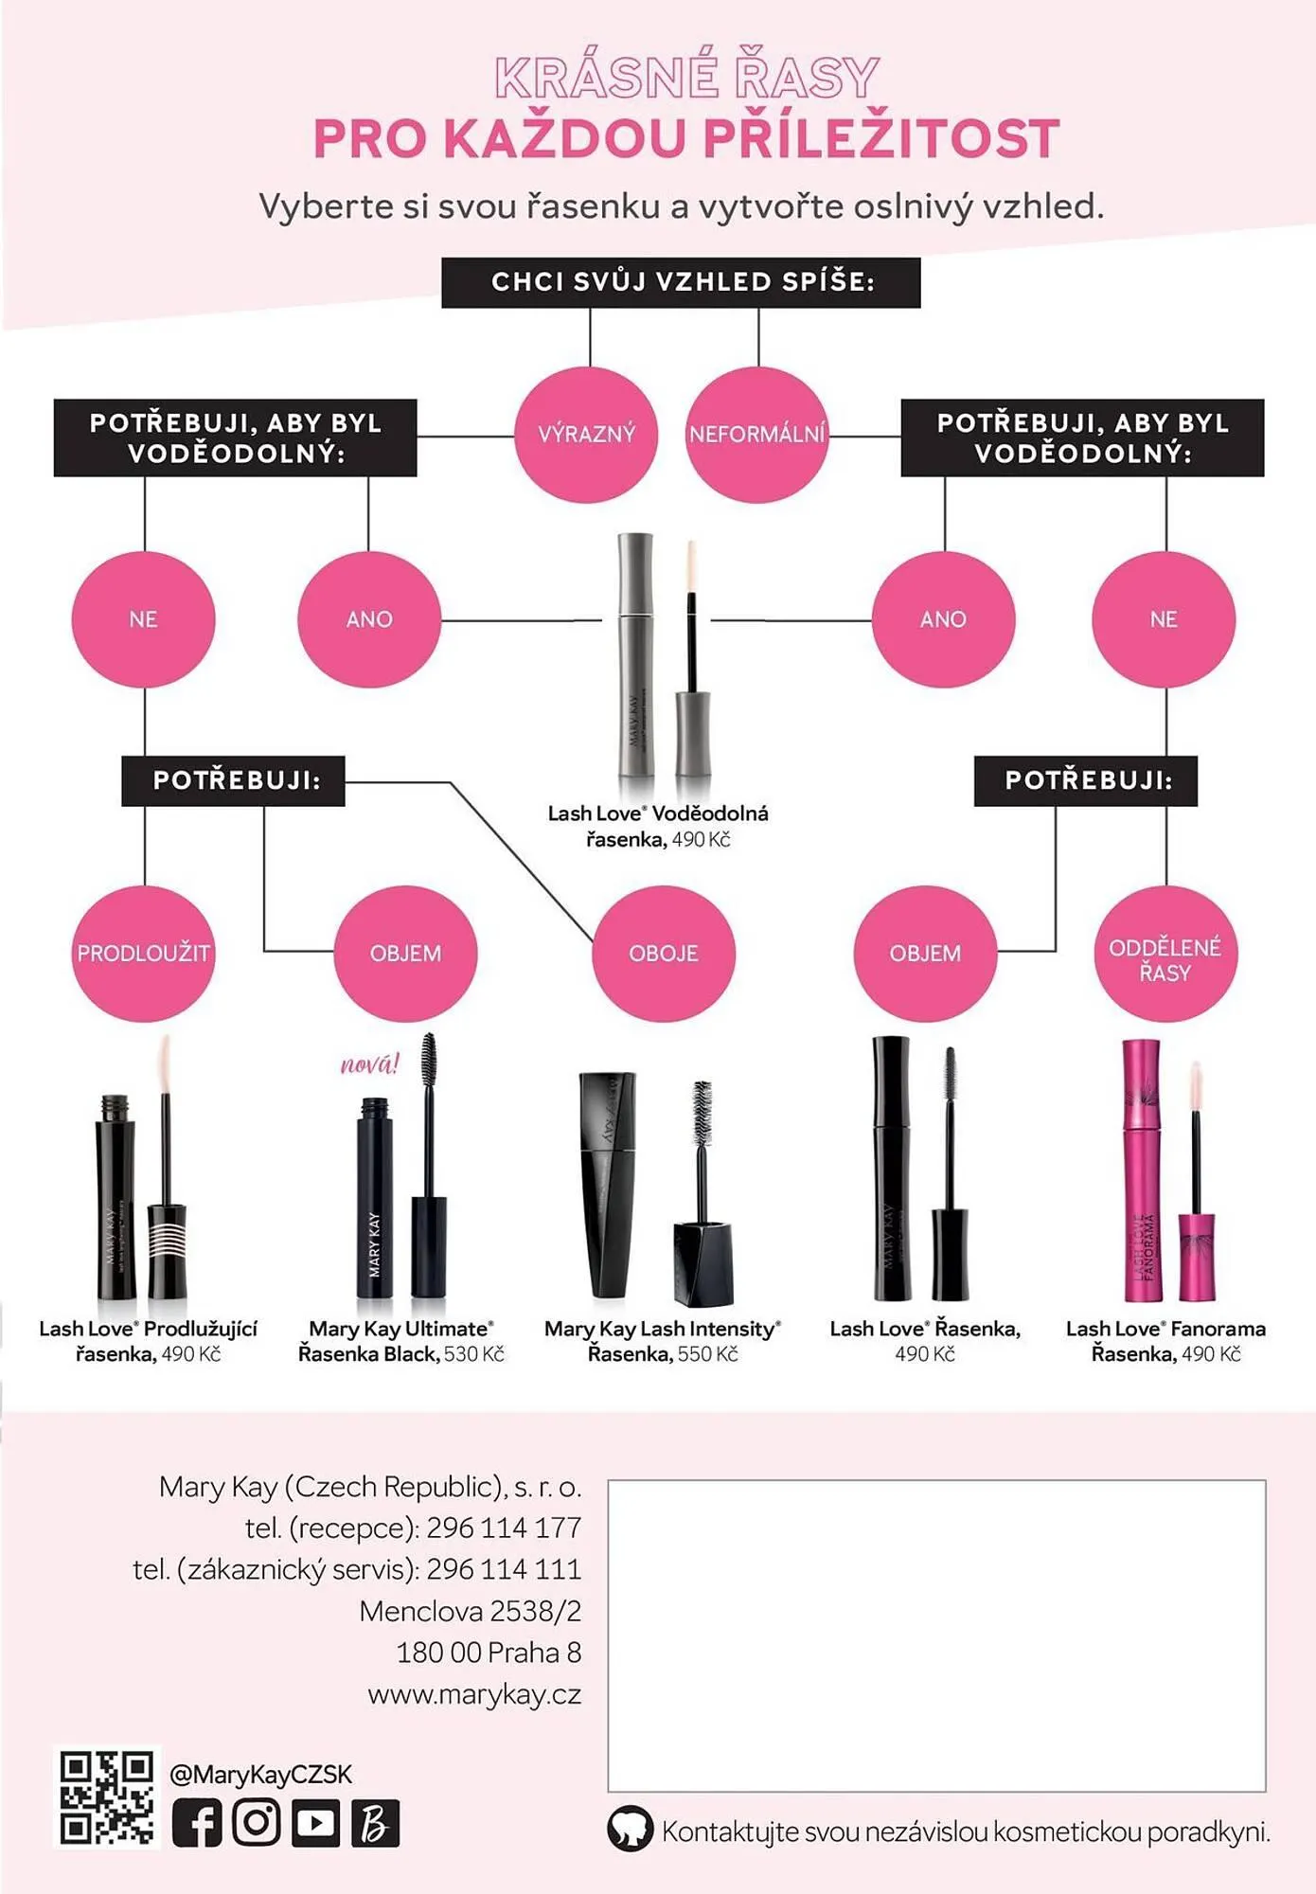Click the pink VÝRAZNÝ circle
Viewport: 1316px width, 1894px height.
click(x=586, y=435)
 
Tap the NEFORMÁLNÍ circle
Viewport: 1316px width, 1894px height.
click(x=757, y=435)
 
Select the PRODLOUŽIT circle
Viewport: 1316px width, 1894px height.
click(x=144, y=953)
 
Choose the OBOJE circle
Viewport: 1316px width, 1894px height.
click(x=664, y=953)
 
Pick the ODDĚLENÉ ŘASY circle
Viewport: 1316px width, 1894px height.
click(x=1165, y=953)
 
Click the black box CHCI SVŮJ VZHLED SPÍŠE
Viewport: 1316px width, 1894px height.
click(x=681, y=282)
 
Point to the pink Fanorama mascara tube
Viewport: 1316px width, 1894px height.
click(x=1143, y=1170)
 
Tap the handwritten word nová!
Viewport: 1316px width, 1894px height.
click(x=370, y=1064)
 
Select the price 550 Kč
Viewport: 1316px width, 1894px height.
click(x=707, y=1354)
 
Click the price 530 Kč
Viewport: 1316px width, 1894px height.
click(x=474, y=1354)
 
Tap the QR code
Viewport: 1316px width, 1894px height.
click(x=107, y=1797)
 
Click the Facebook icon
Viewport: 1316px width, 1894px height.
click(x=197, y=1823)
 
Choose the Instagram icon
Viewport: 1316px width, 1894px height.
click(x=257, y=1823)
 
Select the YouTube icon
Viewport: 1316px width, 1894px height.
click(x=316, y=1823)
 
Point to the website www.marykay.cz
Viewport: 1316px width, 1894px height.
click(x=474, y=1694)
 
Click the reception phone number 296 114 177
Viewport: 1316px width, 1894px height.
click(x=504, y=1528)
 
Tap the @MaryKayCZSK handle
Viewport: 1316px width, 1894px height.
click(x=260, y=1774)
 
